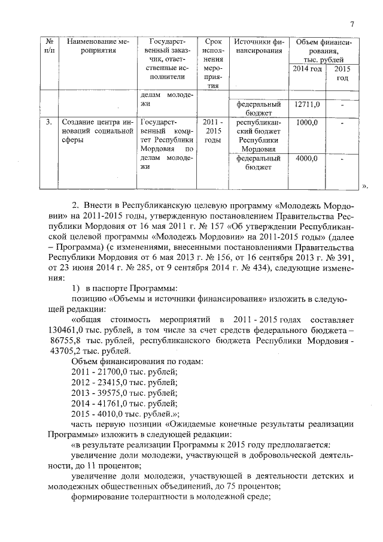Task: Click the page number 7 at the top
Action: (352, 24)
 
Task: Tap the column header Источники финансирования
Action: (258, 46)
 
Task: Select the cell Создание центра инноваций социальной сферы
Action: (96, 131)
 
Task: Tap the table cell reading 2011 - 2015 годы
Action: (213, 131)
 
